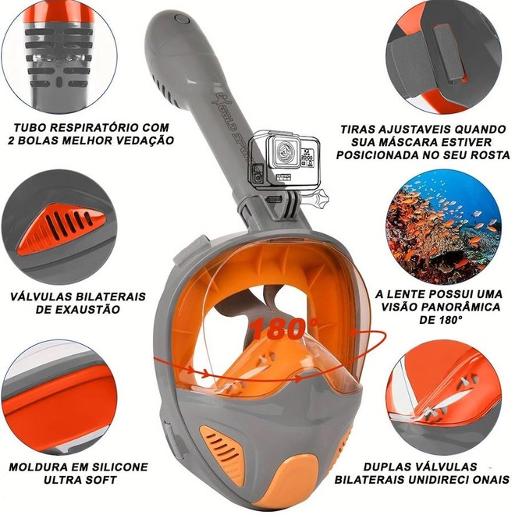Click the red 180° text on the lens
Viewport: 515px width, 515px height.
click(285, 329)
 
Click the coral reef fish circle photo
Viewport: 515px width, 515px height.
click(444, 226)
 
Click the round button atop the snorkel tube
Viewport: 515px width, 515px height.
click(181, 19)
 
